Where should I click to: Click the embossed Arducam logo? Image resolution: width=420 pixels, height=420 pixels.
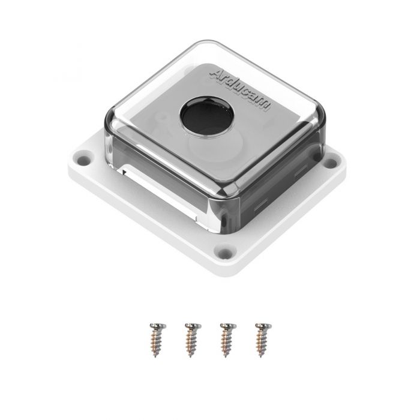click(240, 90)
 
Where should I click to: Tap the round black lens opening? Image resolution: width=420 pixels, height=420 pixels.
click(207, 117)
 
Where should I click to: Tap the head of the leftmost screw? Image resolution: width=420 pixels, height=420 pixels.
click(157, 326)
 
